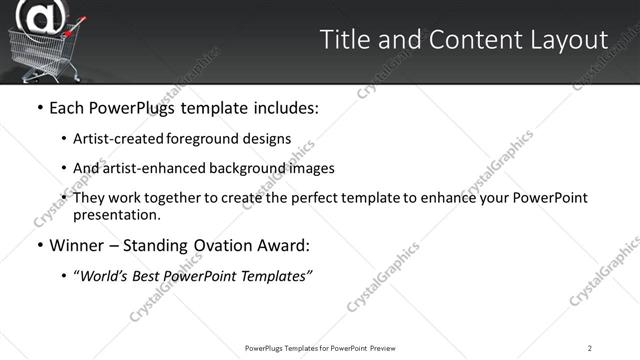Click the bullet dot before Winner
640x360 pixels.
(x=40, y=245)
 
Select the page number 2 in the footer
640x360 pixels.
(x=589, y=348)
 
